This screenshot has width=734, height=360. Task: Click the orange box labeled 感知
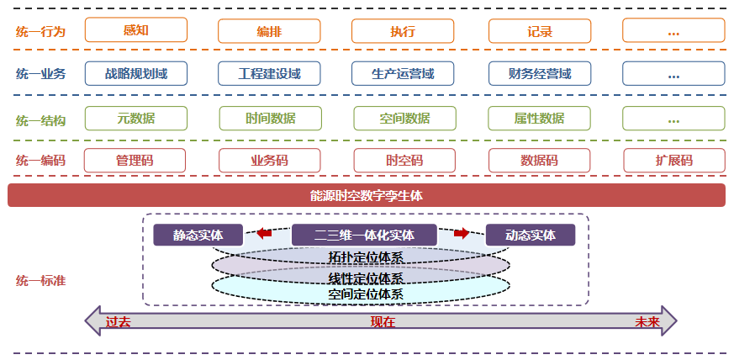(x=135, y=30)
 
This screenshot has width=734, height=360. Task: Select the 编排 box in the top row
(x=269, y=31)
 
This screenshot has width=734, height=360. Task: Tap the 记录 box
(x=539, y=31)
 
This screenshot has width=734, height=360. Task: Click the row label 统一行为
(x=40, y=32)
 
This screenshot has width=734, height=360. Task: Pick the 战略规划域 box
(x=135, y=74)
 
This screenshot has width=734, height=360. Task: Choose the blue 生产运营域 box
(x=404, y=74)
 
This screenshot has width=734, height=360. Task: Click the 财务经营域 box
(x=539, y=74)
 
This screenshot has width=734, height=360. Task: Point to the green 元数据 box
(x=135, y=119)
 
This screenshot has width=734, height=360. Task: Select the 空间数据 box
(x=404, y=119)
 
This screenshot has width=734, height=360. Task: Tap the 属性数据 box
(x=539, y=119)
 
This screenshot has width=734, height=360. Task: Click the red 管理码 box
(x=135, y=161)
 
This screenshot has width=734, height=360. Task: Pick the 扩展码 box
(x=673, y=161)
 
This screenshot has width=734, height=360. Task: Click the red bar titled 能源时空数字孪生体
(x=366, y=196)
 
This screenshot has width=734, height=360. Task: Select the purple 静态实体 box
(x=198, y=236)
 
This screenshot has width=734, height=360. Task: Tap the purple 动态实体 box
(x=531, y=236)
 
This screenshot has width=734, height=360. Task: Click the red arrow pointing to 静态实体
(x=264, y=234)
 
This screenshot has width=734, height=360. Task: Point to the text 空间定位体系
(x=366, y=294)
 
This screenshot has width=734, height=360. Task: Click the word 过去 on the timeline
(x=119, y=322)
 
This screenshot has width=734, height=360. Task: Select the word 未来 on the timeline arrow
(x=647, y=322)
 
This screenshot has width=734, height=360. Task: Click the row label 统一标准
(x=40, y=281)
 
